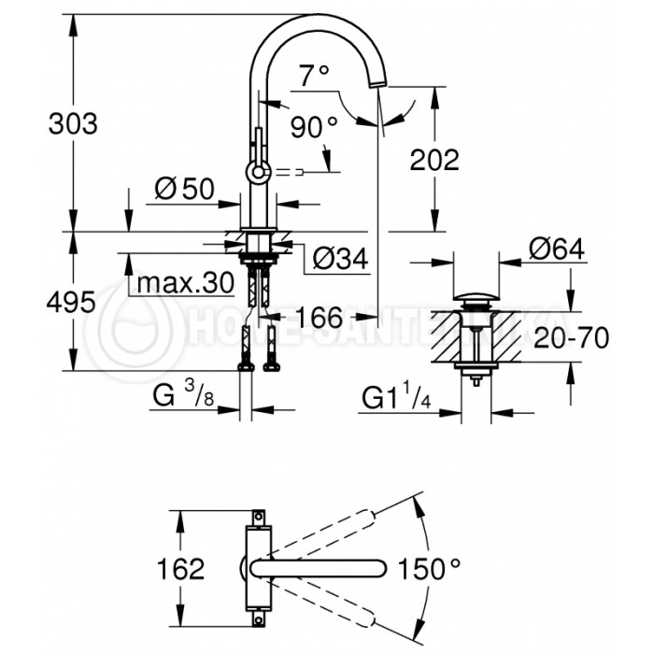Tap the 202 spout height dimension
click(435, 160)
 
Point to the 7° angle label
click(315, 72)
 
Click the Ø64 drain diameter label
click(556, 249)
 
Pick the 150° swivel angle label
click(430, 567)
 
